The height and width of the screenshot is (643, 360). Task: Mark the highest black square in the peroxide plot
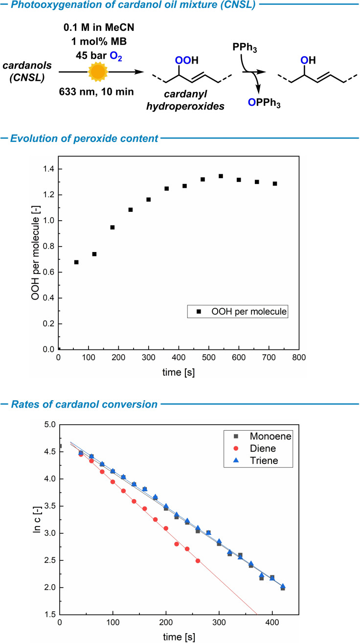click(x=221, y=176)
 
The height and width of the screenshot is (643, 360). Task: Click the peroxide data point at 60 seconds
click(x=76, y=262)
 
